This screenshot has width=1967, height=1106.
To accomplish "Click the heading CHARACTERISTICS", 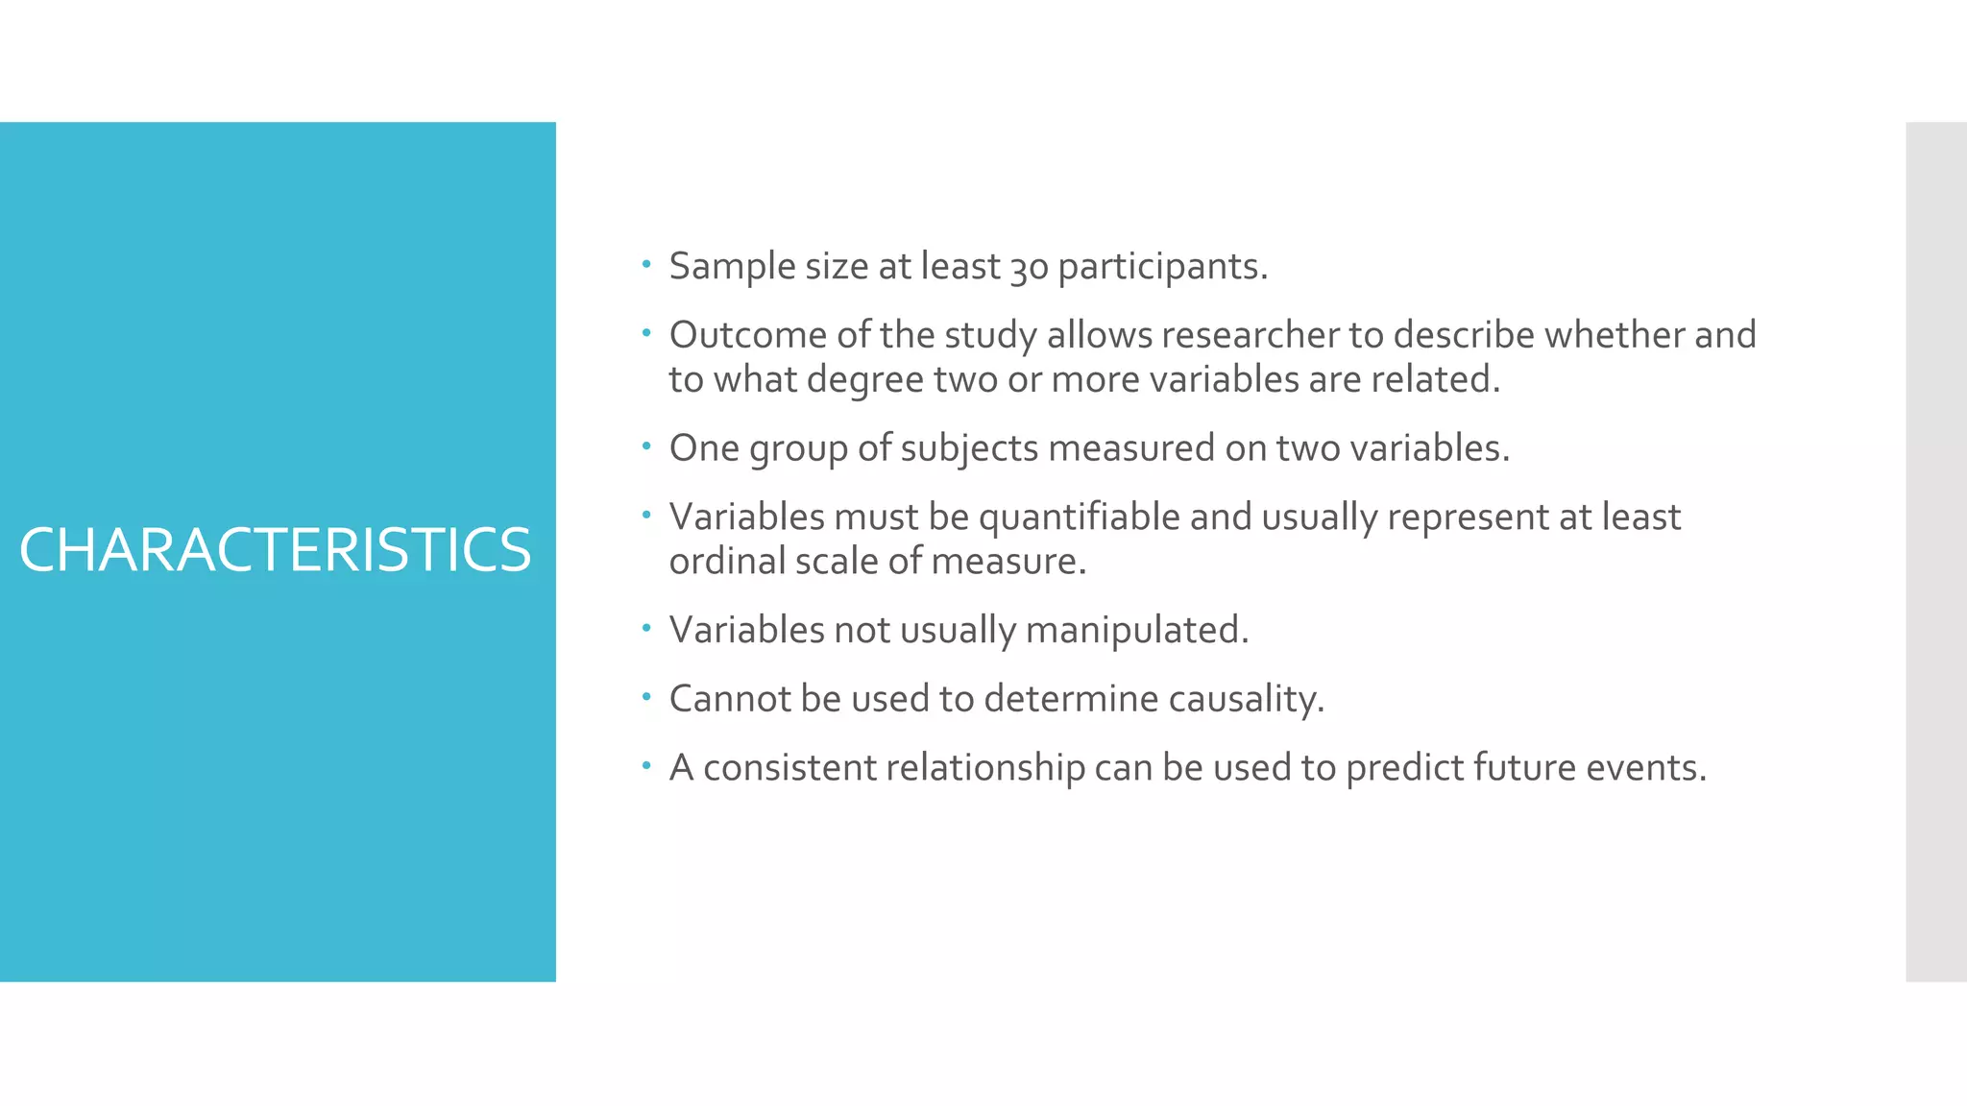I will point(275,550).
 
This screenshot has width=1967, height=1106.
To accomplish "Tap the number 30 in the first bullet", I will point(1029,268).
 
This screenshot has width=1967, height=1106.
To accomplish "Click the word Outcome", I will point(747,335).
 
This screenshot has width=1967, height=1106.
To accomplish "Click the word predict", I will point(1403,768).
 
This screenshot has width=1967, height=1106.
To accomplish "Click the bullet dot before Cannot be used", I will point(646,696).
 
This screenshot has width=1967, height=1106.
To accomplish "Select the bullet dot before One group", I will point(646,445).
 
